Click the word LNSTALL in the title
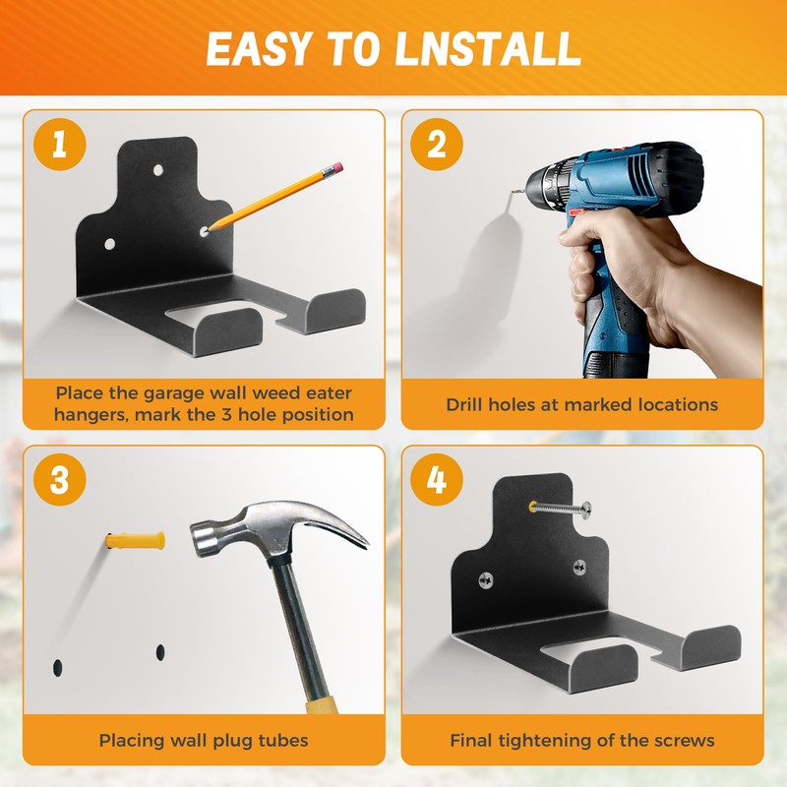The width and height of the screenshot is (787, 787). [x=488, y=48]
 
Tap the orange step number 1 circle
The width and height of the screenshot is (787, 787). [x=60, y=145]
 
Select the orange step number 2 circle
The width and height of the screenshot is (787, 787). [x=437, y=145]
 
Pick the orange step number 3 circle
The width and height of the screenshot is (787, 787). [x=60, y=479]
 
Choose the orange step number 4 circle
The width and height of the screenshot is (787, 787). [x=437, y=479]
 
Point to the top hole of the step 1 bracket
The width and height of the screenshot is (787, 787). [x=158, y=170]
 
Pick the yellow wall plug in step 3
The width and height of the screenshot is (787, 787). [x=136, y=541]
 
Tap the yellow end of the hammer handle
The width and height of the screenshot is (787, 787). [x=322, y=701]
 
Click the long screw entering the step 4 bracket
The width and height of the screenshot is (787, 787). [x=560, y=509]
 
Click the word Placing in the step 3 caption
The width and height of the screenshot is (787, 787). [x=127, y=741]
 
